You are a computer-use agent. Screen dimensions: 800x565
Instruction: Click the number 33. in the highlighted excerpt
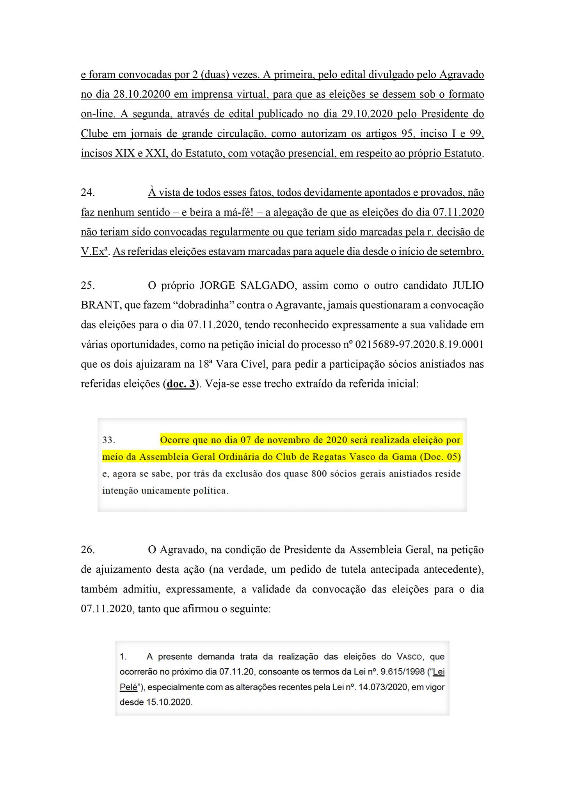point(108,440)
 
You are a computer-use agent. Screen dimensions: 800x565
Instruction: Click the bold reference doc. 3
point(181,384)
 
